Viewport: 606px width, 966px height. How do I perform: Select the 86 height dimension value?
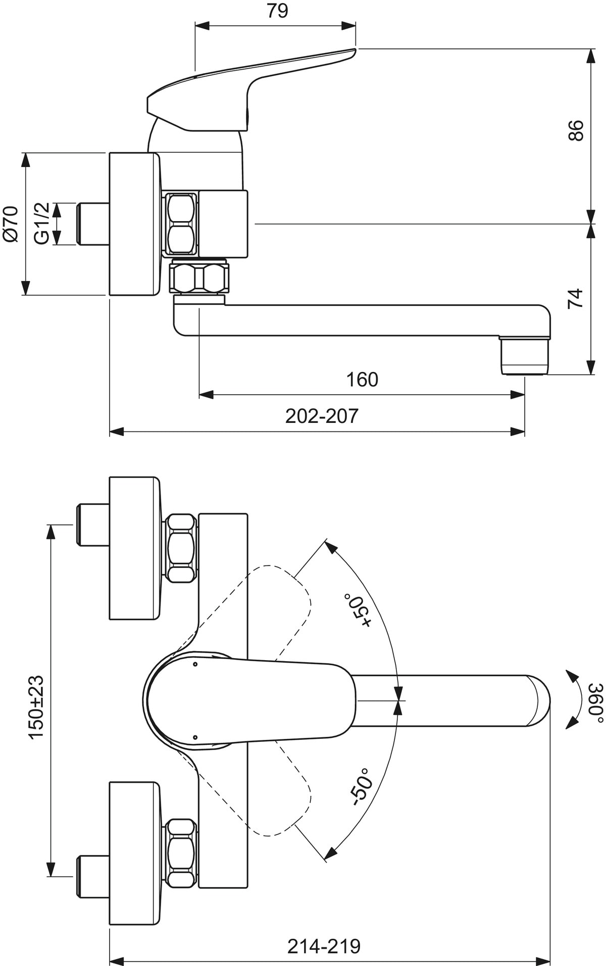coord(575,130)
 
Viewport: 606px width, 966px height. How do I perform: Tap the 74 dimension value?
coord(575,299)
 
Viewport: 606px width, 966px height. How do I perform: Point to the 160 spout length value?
coord(362,380)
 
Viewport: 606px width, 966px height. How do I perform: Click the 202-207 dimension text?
coord(322,416)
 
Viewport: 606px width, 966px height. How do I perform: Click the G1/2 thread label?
coord(42,223)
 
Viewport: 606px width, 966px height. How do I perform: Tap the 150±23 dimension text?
coord(36,708)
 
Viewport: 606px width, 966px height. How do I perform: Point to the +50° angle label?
coord(358,610)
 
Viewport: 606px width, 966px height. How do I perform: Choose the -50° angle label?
coord(361,790)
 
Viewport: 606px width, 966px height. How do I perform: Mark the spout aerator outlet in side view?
coord(524,356)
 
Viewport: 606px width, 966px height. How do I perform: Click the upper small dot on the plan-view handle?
coord(195,665)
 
